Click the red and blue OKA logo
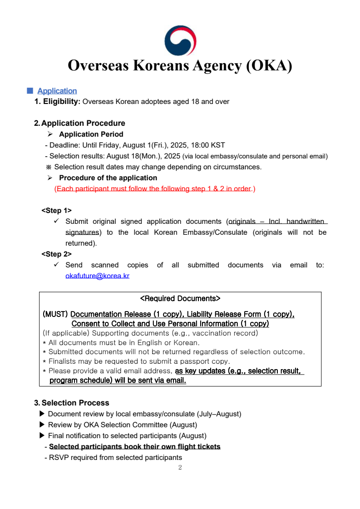(180, 40)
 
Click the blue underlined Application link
(57, 91)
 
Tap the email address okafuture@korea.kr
(97, 276)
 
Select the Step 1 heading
(56, 211)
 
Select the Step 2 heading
(56, 254)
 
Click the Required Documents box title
(180, 299)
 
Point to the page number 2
(180, 468)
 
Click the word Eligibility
(62, 102)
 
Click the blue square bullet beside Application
(30, 90)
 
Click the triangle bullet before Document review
(42, 414)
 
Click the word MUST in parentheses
(55, 314)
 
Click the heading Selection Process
(75, 403)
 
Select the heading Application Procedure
(83, 123)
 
